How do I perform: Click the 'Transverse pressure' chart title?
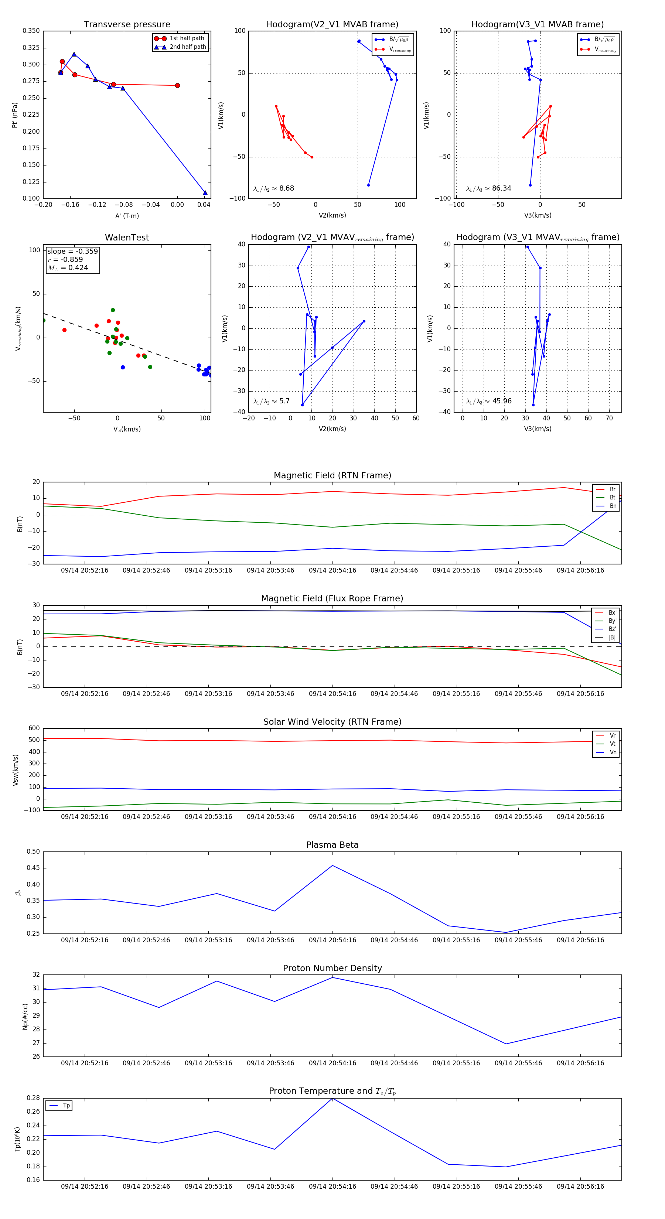pyautogui.click(x=127, y=25)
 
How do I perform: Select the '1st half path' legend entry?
pyautogui.click(x=187, y=38)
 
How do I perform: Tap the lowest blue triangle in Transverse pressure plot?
pyautogui.click(x=205, y=192)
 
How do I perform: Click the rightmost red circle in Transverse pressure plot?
pyautogui.click(x=177, y=86)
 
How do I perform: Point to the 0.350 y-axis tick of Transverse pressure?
pyautogui.click(x=31, y=31)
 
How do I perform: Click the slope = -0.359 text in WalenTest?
pyautogui.click(x=72, y=251)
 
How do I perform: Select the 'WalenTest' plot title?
pyautogui.click(x=127, y=238)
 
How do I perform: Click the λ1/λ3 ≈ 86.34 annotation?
pyautogui.click(x=488, y=188)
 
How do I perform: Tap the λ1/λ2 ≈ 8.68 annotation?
pyautogui.click(x=273, y=188)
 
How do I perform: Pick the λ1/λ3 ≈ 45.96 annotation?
pyautogui.click(x=488, y=401)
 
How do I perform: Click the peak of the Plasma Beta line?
pyautogui.click(x=332, y=865)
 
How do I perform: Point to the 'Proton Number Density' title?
pyautogui.click(x=332, y=968)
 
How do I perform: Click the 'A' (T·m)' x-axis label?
pyautogui.click(x=127, y=216)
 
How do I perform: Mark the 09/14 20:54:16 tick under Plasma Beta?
pyautogui.click(x=332, y=940)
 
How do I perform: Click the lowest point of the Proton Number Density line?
pyautogui.click(x=506, y=1044)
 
